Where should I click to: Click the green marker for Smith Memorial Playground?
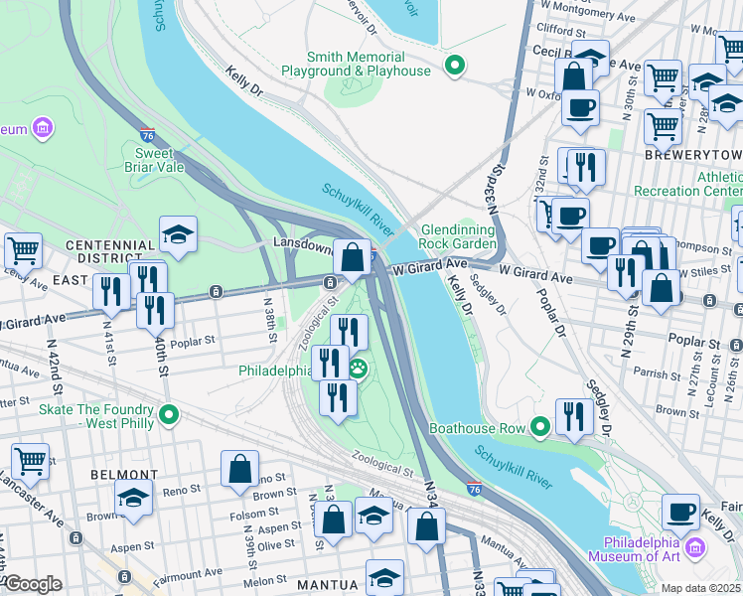coord(455,68)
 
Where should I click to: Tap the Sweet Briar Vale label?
coord(154,161)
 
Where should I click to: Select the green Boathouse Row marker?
coord(540,428)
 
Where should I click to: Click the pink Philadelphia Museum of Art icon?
coord(694,547)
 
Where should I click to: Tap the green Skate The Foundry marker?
coord(169,412)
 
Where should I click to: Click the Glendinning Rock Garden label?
coord(456,235)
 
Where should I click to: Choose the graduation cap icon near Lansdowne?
coord(179,234)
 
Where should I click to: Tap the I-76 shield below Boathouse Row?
coord(474,489)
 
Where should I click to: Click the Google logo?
coord(33,584)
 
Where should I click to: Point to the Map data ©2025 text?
coord(701,588)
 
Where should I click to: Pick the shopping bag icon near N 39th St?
coord(240,468)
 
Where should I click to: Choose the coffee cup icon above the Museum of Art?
coord(680,512)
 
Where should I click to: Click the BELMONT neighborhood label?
coord(124,475)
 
